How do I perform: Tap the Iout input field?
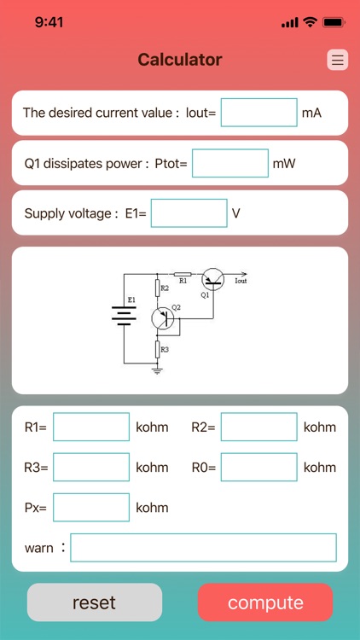coord(258,113)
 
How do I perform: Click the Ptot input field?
coord(229,163)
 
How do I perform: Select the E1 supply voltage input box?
coord(189,213)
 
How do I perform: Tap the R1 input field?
coord(91,427)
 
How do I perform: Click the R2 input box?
coord(258,427)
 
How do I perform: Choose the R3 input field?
coord(91,468)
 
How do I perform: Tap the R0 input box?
coord(258,468)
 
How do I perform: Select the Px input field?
coord(91,508)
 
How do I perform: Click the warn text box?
coord(203,548)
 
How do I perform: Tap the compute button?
coord(265,602)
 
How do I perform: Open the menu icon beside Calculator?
coord(338,60)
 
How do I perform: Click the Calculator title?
coord(180,60)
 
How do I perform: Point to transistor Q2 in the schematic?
coord(162,318)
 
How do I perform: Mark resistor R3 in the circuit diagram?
coord(157,349)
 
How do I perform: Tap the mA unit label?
coord(311,113)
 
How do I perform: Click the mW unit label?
coord(283,163)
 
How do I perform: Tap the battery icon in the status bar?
coord(334,22)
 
